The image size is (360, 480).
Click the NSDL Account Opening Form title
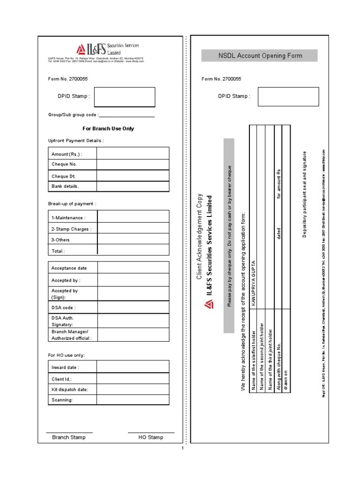coord(260,56)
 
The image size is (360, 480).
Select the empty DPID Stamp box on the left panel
coord(124,97)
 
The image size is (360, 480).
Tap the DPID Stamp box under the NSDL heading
coord(288,96)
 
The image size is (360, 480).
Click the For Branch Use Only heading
coord(108,128)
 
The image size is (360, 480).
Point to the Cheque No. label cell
coord(73,164)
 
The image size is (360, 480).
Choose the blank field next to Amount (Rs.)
coord(133,154)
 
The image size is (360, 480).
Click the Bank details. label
coord(73,186)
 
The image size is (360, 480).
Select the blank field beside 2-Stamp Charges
coord(133,229)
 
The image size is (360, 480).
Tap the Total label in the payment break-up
coord(73,251)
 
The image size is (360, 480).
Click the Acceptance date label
coord(73,268)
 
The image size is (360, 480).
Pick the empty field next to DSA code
coord(133,307)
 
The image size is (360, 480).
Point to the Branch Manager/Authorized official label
coord(73,335)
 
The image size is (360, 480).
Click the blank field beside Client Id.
coord(133,379)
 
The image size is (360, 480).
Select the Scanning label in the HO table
coord(73,400)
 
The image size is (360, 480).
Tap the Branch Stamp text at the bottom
coord(69,437)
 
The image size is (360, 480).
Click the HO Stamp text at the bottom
coord(151,437)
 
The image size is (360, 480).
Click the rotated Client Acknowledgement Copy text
coord(200,237)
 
